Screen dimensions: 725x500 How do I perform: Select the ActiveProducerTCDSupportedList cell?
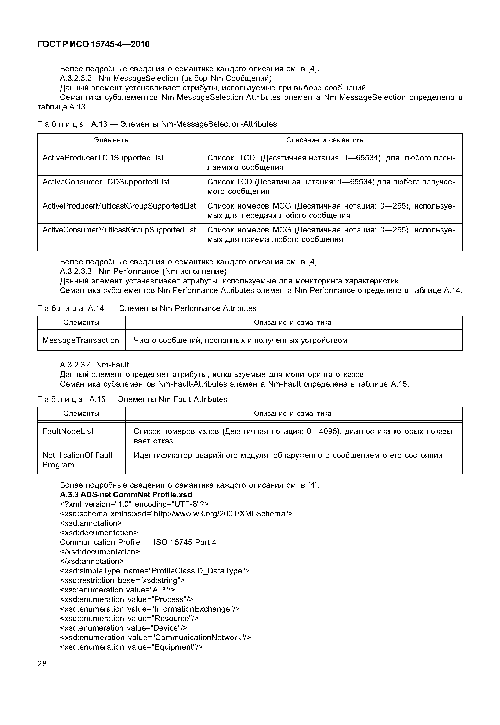click(x=103, y=158)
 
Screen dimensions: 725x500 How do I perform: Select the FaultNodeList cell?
click(x=68, y=431)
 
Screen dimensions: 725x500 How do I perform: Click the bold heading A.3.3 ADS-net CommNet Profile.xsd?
click(x=126, y=494)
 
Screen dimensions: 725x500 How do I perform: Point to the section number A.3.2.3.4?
click(x=76, y=365)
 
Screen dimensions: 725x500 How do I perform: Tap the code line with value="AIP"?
click(x=117, y=590)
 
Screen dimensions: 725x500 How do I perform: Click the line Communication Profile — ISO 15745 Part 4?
click(x=138, y=542)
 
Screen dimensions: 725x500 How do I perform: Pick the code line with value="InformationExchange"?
click(x=149, y=609)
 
